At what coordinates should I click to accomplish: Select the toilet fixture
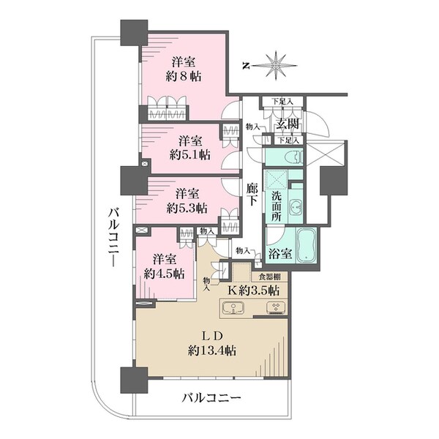(x=293, y=157)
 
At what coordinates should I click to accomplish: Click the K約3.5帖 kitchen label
(x=253, y=290)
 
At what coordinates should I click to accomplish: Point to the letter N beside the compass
(x=247, y=67)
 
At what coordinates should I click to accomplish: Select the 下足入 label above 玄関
(x=282, y=102)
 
